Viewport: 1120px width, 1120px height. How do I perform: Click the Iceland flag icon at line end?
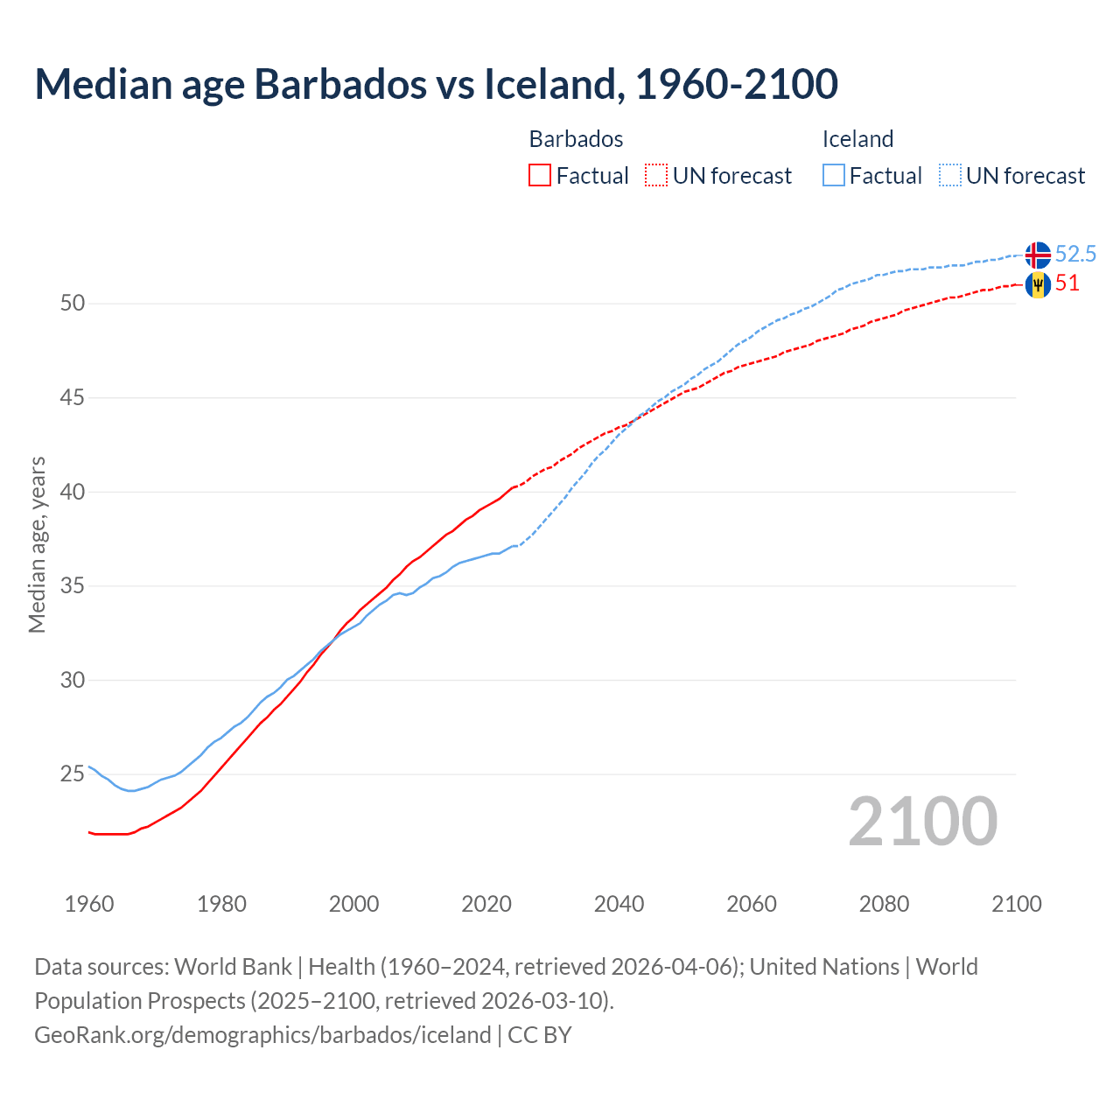[1038, 255]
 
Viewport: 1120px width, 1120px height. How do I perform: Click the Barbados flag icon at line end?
[1038, 284]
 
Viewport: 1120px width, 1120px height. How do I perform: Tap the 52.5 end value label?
[1075, 254]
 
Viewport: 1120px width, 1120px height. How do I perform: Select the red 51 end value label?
[1067, 283]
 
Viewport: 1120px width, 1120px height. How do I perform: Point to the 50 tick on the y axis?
[73, 304]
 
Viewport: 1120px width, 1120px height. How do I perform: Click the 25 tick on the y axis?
[73, 774]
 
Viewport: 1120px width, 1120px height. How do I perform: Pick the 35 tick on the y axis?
[73, 585]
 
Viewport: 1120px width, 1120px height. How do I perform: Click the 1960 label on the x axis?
[89, 904]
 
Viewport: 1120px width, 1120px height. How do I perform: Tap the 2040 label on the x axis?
[619, 904]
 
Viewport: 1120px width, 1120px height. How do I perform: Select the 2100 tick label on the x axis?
[1016, 904]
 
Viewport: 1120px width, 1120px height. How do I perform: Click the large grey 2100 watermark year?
[922, 822]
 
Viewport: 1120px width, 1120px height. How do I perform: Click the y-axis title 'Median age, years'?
[37, 544]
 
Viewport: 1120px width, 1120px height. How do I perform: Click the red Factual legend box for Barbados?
[540, 176]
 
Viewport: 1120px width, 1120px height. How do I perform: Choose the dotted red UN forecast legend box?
[656, 176]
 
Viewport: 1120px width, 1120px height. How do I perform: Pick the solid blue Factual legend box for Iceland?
[834, 176]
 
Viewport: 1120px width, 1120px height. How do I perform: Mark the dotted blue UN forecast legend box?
[950, 176]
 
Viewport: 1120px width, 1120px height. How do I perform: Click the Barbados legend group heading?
[576, 139]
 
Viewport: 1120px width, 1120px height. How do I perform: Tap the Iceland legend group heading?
[857, 139]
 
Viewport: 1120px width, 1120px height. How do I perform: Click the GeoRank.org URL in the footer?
[262, 1035]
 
